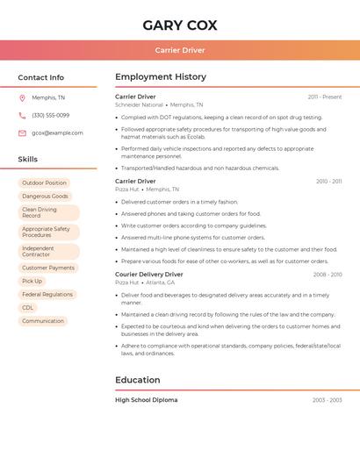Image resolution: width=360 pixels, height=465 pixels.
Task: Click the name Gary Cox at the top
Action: (x=179, y=25)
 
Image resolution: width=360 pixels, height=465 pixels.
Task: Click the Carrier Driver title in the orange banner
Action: (x=179, y=50)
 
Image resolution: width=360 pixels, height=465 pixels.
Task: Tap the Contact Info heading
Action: (x=40, y=77)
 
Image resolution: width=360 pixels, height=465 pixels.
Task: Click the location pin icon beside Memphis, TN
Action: (x=22, y=97)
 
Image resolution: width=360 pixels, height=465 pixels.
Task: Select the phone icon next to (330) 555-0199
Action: (x=22, y=115)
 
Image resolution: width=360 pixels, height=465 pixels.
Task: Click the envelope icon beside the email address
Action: (x=22, y=132)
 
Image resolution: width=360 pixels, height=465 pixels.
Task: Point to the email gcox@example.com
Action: (x=57, y=132)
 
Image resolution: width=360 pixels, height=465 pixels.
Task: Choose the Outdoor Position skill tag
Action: (x=44, y=182)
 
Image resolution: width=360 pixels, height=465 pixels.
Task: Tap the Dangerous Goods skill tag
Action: (x=45, y=196)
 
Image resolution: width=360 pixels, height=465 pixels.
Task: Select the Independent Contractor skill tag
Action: (x=39, y=251)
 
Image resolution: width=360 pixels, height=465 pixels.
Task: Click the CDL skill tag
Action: (x=28, y=307)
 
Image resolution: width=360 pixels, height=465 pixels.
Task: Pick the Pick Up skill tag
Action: (x=32, y=281)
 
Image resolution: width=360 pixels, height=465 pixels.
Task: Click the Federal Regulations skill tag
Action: (x=47, y=294)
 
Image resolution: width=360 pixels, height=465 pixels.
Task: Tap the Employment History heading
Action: (x=161, y=77)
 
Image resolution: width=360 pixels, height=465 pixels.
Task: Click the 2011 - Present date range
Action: (x=325, y=97)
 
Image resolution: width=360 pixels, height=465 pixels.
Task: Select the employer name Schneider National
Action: (x=139, y=104)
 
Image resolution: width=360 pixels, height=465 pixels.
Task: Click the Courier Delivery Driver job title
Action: (x=149, y=275)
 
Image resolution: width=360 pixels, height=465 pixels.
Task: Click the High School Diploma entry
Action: (x=146, y=400)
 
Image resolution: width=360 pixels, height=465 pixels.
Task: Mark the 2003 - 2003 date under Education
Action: (x=328, y=400)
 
